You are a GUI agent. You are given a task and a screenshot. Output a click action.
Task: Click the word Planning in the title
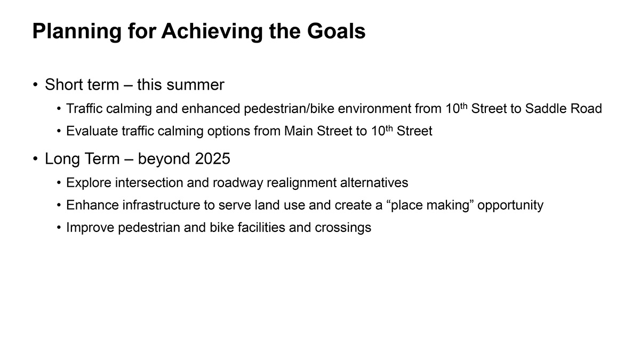(77, 31)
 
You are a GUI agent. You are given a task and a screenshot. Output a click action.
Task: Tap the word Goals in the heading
(337, 31)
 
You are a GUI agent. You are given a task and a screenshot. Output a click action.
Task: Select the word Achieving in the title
(212, 31)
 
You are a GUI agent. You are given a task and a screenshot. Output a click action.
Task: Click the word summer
(195, 85)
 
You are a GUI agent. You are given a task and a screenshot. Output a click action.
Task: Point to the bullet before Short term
(35, 85)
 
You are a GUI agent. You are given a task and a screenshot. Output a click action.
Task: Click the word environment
(374, 109)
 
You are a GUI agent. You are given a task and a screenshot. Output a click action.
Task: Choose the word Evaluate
(92, 131)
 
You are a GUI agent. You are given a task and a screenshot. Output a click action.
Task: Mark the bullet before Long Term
(35, 158)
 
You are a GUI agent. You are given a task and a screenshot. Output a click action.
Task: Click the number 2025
(213, 158)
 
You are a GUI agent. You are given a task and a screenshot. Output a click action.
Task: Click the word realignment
(301, 183)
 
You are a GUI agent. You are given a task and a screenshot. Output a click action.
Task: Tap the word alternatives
(374, 182)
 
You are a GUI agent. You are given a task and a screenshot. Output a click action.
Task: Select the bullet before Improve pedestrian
(59, 228)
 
